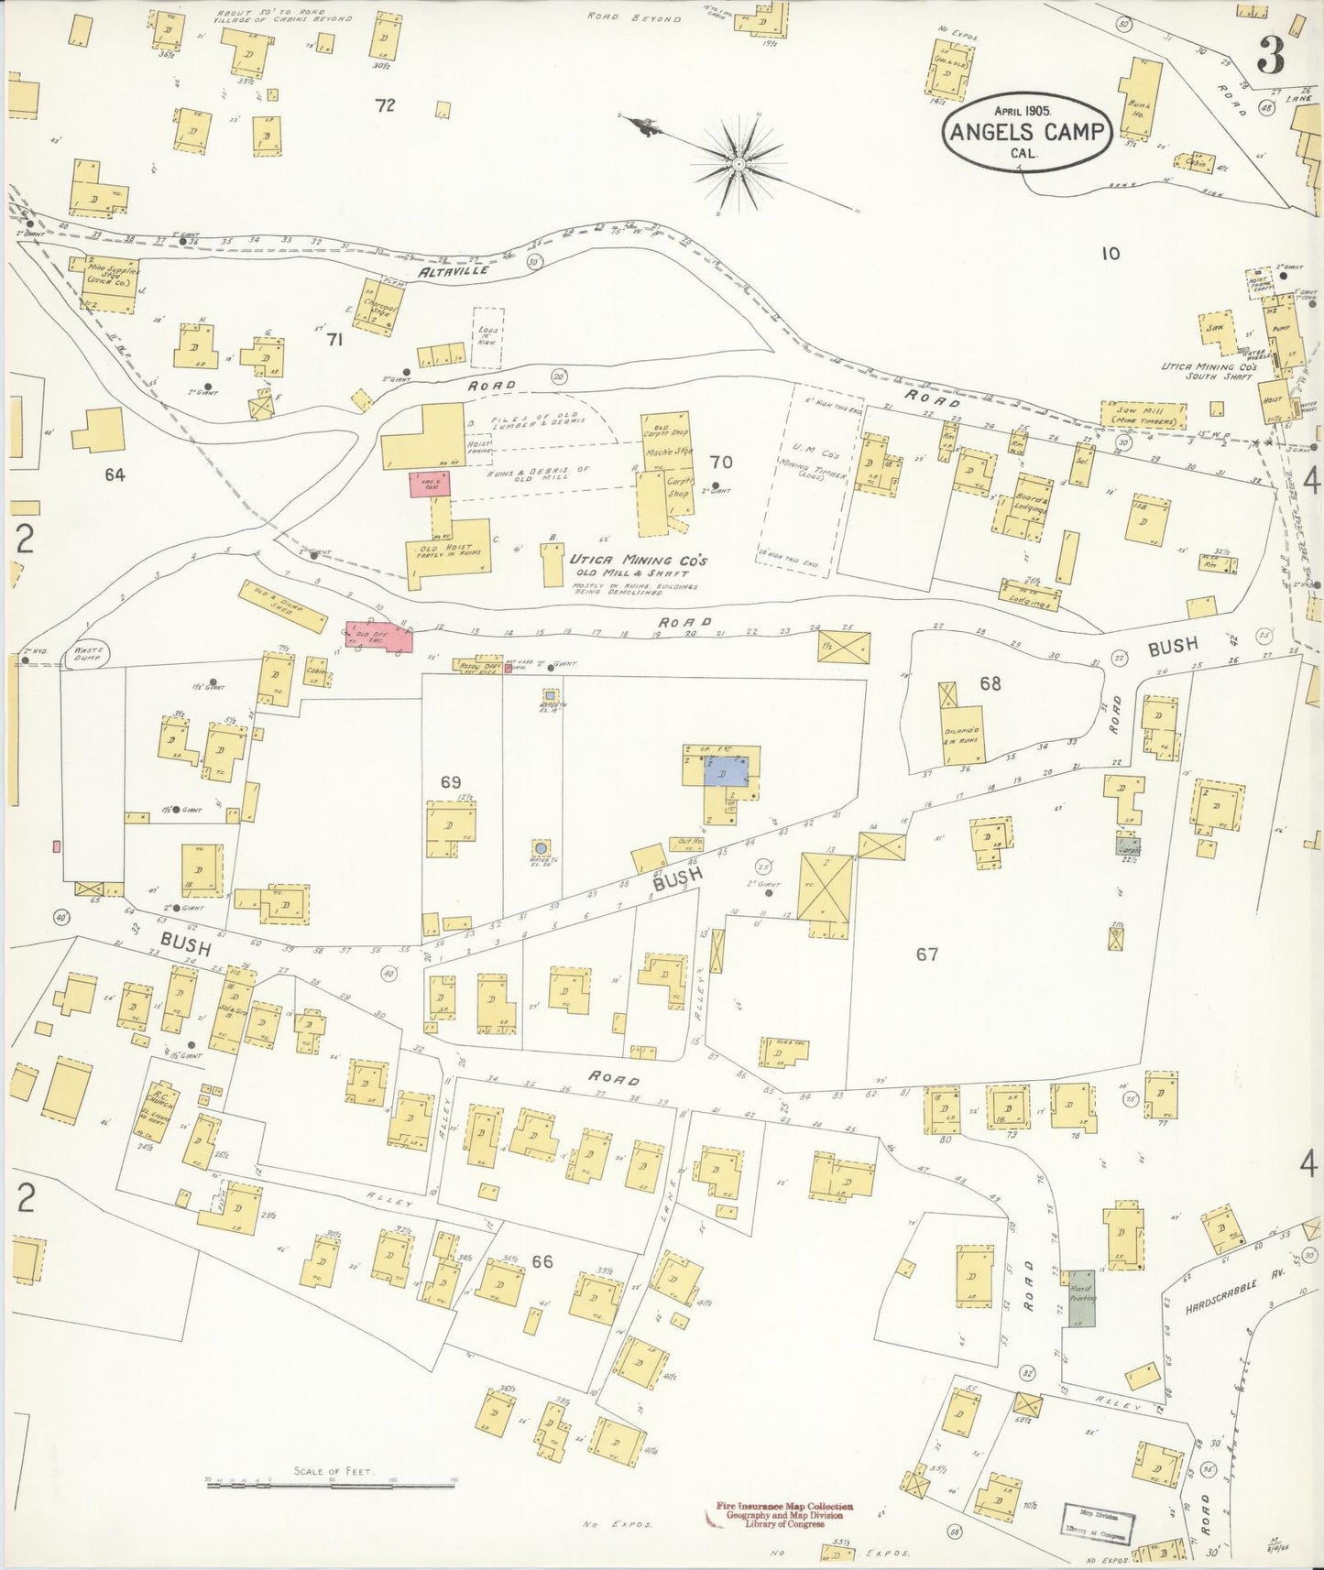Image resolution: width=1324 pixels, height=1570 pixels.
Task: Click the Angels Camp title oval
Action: [1026, 132]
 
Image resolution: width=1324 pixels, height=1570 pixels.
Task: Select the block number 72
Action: [385, 105]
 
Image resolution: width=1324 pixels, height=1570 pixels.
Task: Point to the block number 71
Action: [334, 340]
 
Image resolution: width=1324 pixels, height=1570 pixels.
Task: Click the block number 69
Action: [450, 781]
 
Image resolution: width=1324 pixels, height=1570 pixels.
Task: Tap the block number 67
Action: [926, 954]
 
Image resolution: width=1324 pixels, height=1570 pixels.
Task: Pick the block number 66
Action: [542, 1261]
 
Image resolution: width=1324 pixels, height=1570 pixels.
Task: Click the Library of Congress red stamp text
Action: [785, 1512]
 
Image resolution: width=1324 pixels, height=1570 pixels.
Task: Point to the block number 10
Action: [1110, 254]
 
